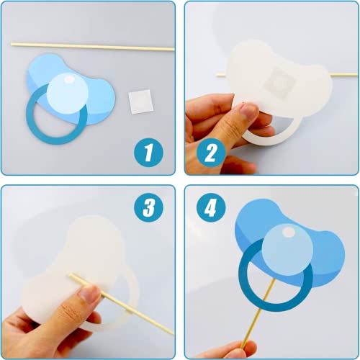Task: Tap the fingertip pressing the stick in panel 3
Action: [x=91, y=294]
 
